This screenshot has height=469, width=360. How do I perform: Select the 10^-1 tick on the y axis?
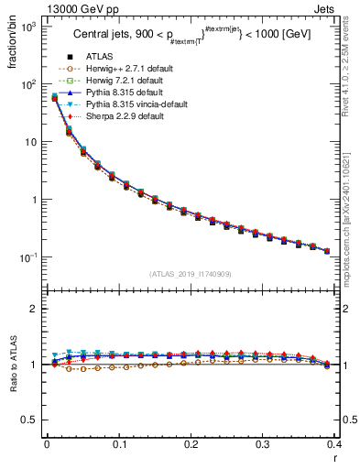[28, 257]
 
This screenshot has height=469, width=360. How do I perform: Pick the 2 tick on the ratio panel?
[32, 309]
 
